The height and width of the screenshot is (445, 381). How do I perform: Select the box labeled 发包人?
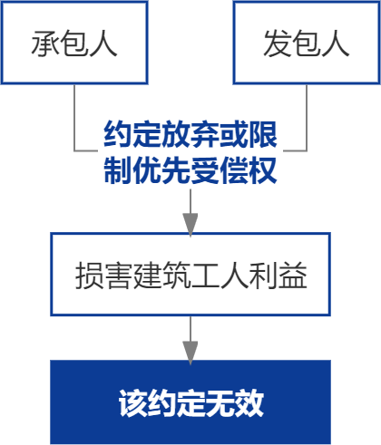pos(306,42)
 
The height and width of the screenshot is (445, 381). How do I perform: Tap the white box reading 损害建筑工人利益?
pos(190,275)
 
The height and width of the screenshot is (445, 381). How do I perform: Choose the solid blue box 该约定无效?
pos(190,401)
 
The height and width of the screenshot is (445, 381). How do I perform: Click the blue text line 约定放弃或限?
pos(190,136)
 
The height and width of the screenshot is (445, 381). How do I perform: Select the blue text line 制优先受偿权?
pos(190,169)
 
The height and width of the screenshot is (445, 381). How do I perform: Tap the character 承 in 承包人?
pos(44,43)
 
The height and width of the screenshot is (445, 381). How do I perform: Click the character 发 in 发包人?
pos(277,43)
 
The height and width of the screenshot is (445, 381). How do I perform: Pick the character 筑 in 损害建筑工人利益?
pos(175,276)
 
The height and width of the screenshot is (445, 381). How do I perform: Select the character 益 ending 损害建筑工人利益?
pos(293,276)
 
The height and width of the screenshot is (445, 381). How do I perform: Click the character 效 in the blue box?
pos(249,401)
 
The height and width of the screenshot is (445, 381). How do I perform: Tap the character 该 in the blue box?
pos(132,401)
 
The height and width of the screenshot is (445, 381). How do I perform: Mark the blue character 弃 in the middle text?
pos(204,136)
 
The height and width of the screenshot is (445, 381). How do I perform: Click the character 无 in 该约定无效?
pos(220,401)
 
